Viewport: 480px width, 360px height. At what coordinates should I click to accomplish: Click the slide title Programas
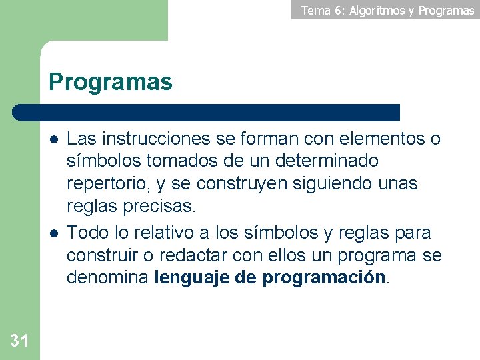pos(111,82)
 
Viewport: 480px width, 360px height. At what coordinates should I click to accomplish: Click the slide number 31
pos(20,341)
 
